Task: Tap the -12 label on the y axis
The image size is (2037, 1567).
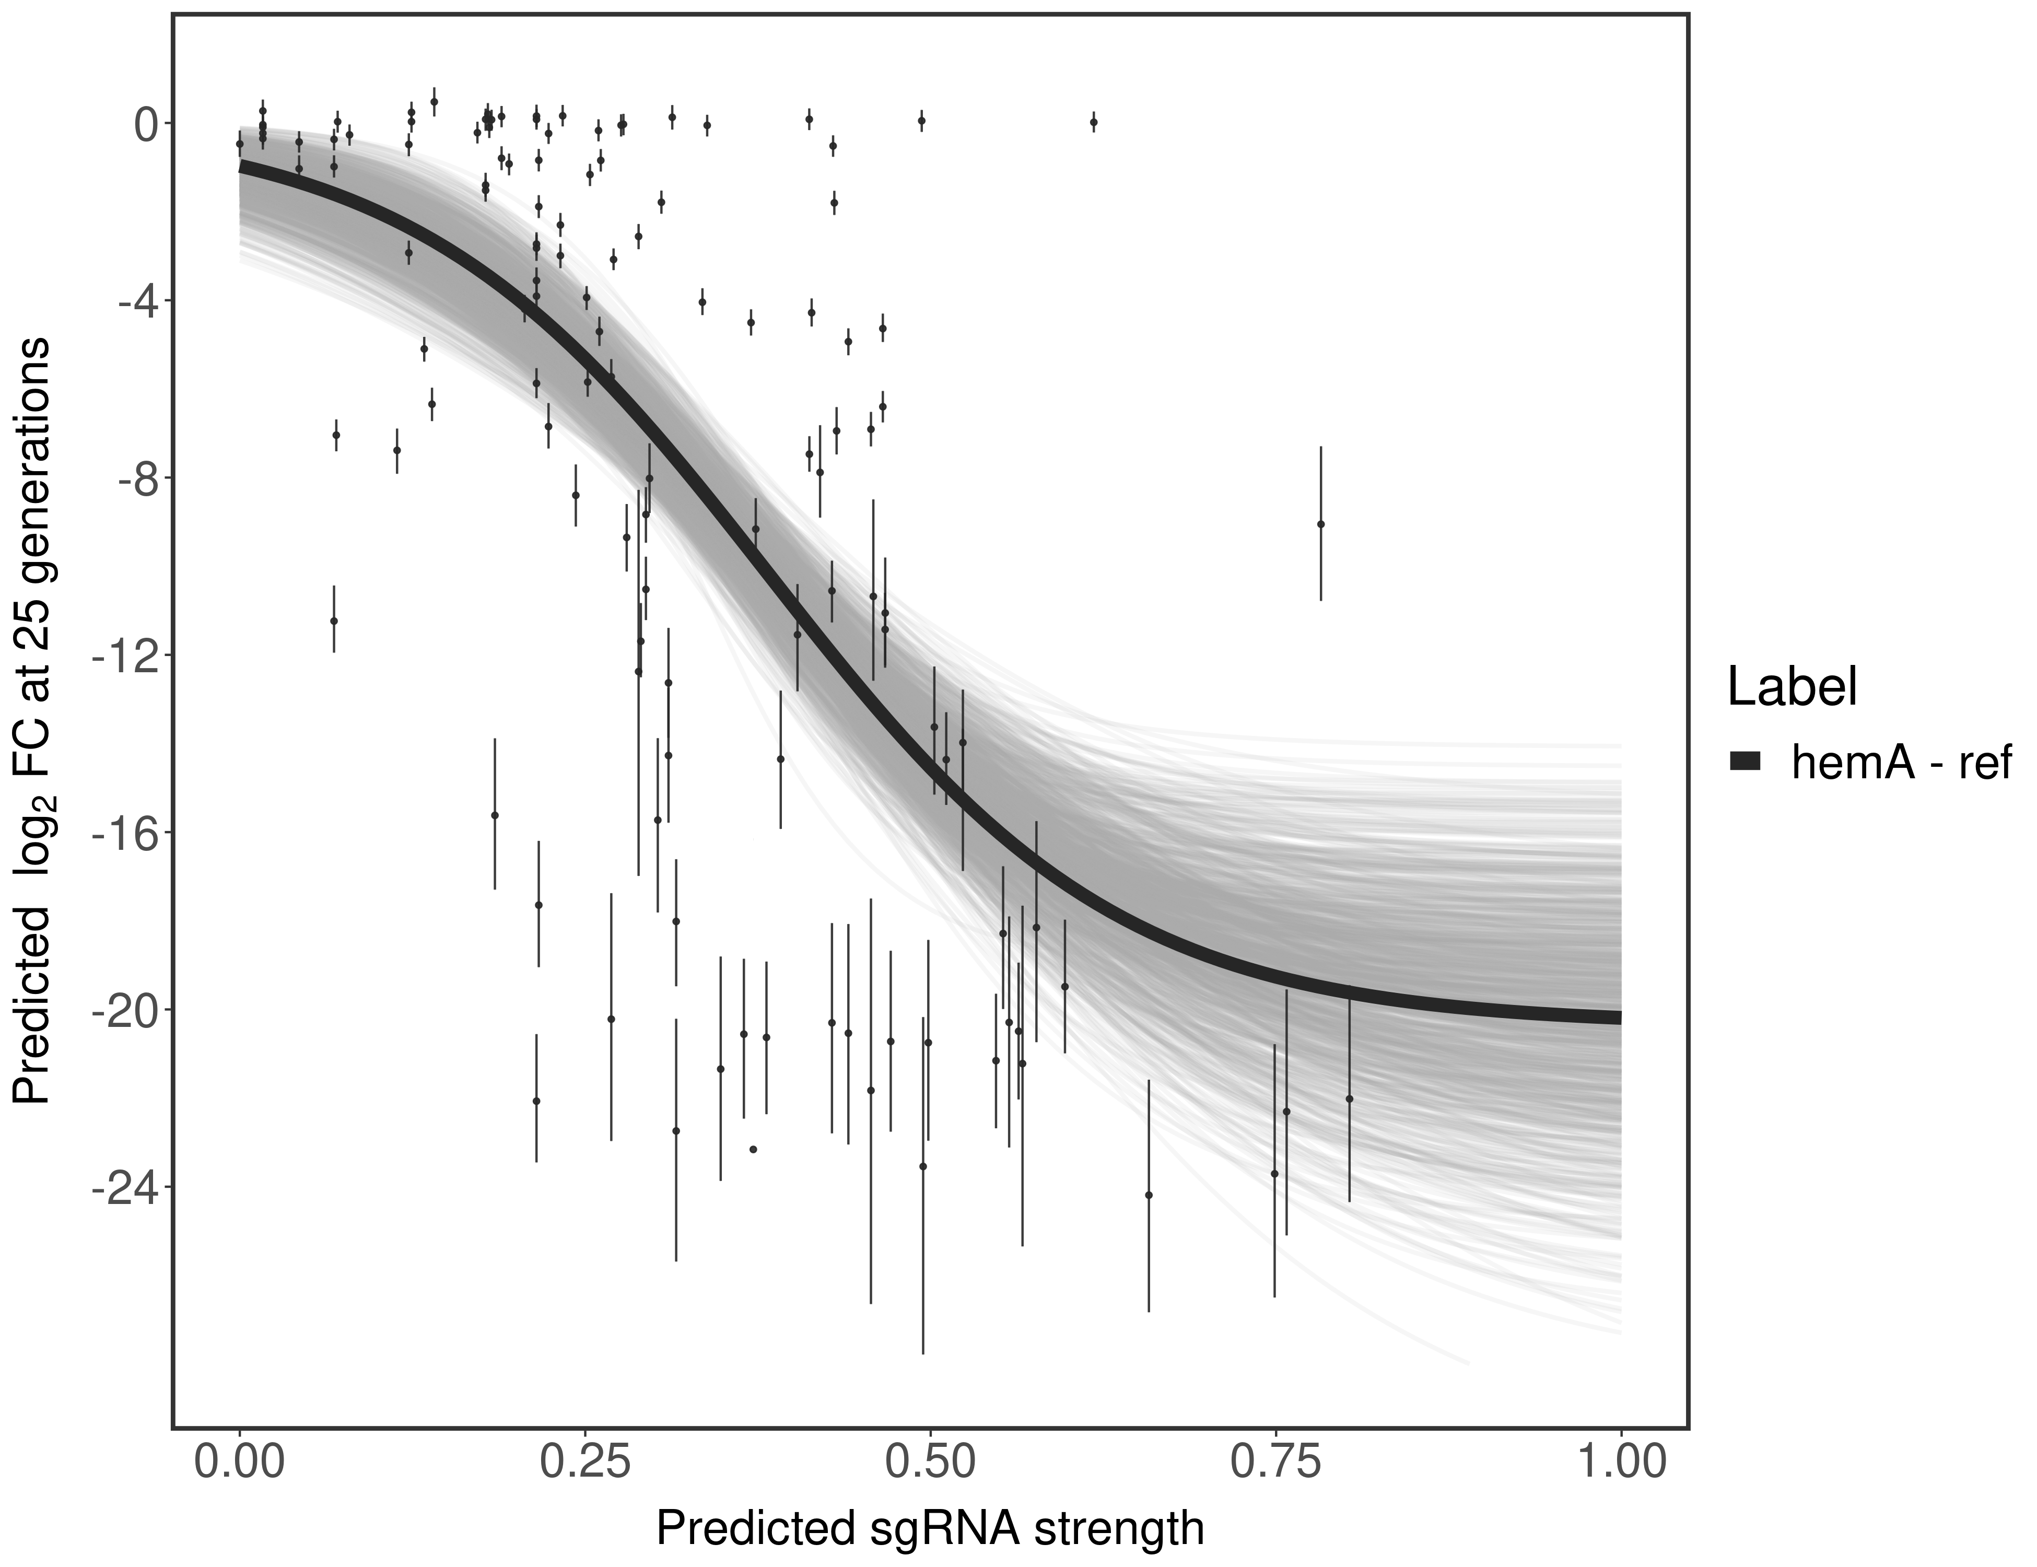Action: pyautogui.click(x=124, y=656)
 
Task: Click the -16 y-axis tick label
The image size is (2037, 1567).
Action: pyautogui.click(x=124, y=833)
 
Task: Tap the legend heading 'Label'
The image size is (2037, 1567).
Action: pyautogui.click(x=1792, y=687)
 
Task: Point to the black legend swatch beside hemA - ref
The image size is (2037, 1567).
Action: pyautogui.click(x=1744, y=762)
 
